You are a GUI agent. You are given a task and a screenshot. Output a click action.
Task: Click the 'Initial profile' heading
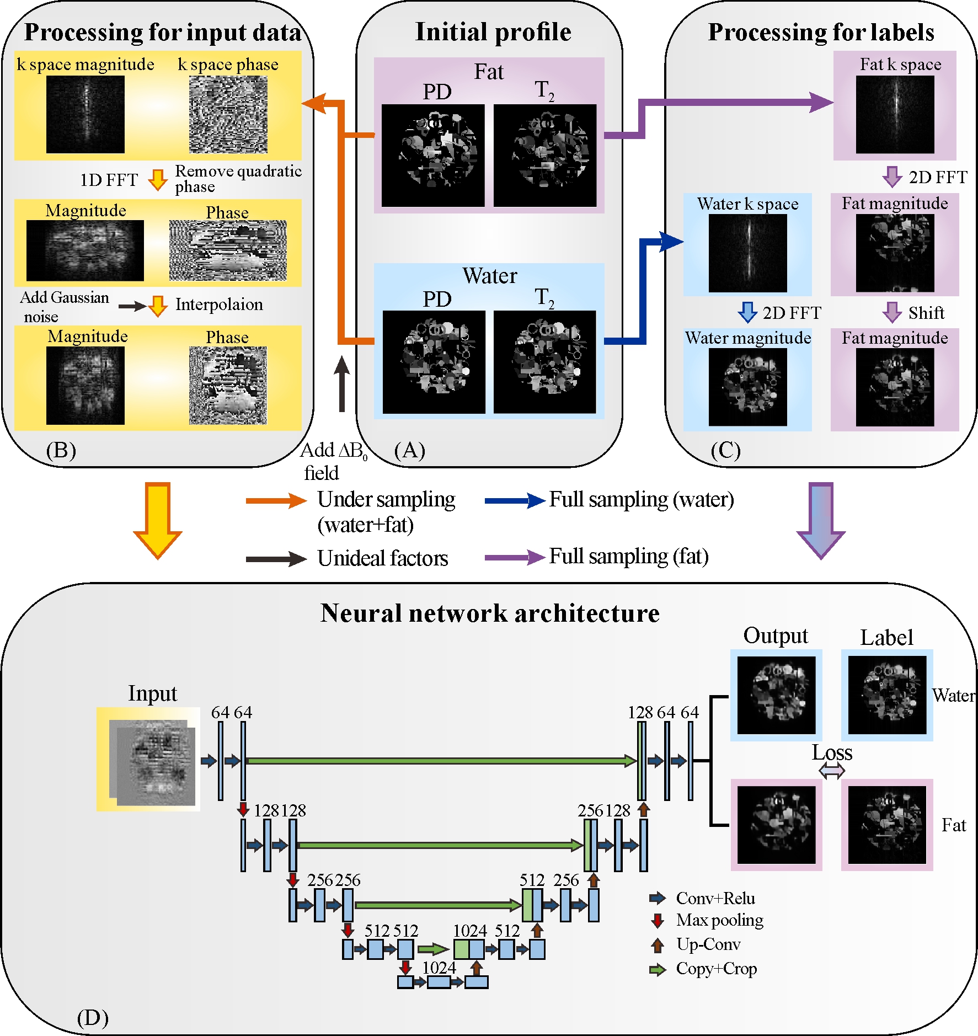coord(493,32)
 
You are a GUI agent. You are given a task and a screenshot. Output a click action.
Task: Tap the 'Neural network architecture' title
coord(490,613)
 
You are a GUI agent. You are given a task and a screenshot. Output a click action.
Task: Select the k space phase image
coord(228,115)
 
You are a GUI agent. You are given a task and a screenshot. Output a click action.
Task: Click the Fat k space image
coord(895,115)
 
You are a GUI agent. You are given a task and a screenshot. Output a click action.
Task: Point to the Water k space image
coord(747,253)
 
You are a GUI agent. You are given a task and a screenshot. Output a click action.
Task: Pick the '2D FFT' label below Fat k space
coord(938,178)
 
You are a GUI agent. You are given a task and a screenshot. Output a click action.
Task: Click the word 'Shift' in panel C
coord(926,313)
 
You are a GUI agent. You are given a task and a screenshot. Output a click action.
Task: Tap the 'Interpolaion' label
coord(219,305)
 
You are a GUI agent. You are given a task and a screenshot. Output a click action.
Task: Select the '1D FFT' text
coord(109,180)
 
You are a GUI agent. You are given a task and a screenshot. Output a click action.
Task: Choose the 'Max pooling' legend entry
coord(720,920)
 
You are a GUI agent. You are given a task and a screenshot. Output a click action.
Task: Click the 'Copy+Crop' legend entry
coord(716,969)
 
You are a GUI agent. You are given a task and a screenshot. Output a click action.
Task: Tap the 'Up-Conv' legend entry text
coord(708,944)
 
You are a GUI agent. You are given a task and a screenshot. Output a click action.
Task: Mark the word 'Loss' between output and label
coord(832,753)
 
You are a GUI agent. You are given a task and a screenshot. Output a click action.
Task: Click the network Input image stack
coord(152,760)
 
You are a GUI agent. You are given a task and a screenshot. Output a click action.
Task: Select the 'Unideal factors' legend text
coord(382,559)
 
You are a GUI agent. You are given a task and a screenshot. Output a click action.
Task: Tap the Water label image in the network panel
coord(887,695)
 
